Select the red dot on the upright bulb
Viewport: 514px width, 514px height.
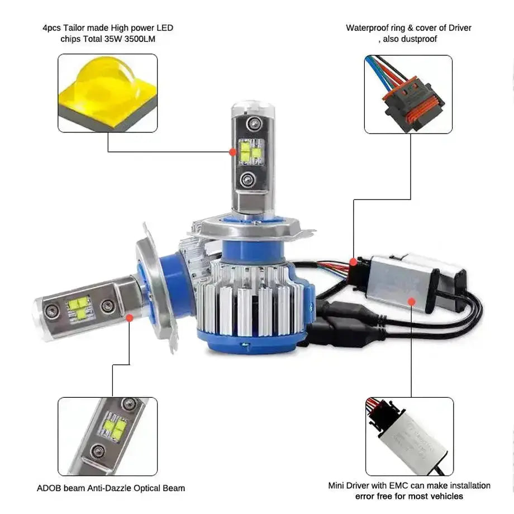coord(232,151)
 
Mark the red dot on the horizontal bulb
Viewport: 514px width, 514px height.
coord(130,317)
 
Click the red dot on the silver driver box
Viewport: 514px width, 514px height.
coord(411,302)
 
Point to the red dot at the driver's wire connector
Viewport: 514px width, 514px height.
coord(353,261)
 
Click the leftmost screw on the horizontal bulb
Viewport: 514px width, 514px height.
coord(51,309)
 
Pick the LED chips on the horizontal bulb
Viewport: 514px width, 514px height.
coord(79,307)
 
